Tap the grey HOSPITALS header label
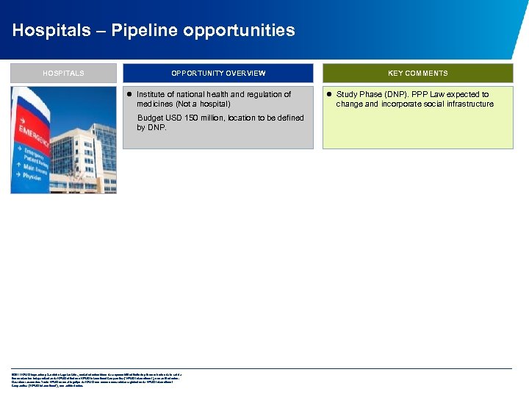click(x=63, y=74)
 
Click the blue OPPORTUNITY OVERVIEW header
click(x=218, y=74)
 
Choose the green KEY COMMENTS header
click(x=418, y=74)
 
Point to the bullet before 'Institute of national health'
click(x=129, y=94)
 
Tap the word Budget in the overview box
click(x=150, y=118)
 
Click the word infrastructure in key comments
click(x=467, y=104)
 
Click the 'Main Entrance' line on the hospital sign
click(x=34, y=168)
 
